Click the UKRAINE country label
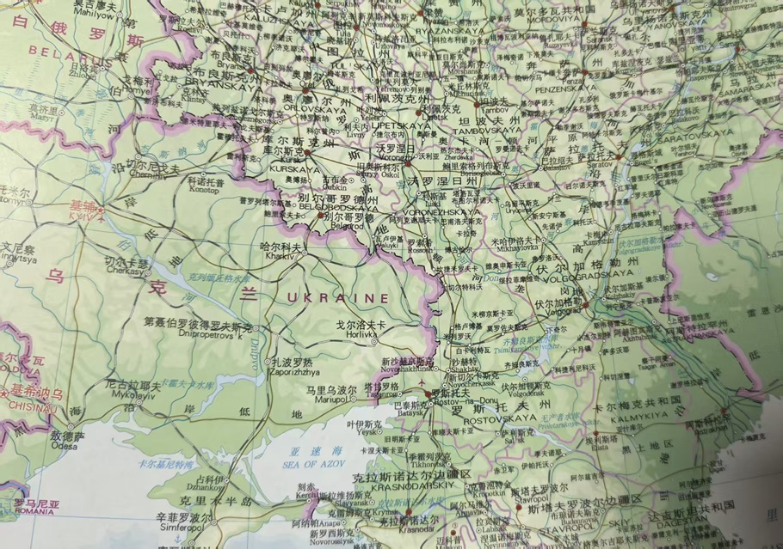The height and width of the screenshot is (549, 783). tap(337, 297)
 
